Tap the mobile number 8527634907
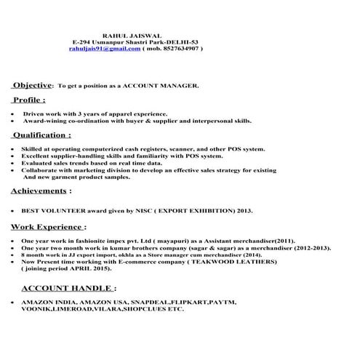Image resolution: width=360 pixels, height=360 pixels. pyautogui.click(x=180, y=48)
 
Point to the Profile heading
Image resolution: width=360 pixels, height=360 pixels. pyautogui.click(x=28, y=100)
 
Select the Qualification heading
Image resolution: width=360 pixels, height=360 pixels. pyautogui.click(x=41, y=135)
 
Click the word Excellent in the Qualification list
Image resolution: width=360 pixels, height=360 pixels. pyautogui.click(x=39, y=156)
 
